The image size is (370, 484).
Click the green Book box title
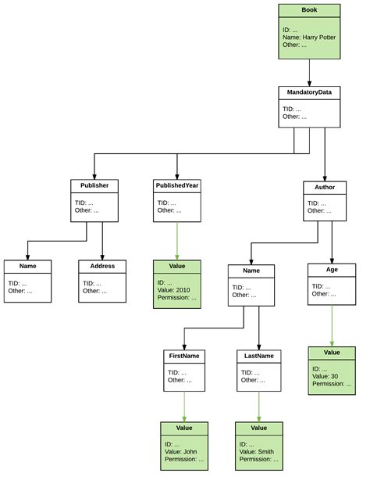tap(310, 10)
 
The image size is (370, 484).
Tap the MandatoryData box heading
tap(310, 92)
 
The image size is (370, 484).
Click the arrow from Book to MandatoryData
tap(310, 72)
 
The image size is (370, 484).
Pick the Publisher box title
tap(94, 185)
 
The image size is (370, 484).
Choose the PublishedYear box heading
tap(177, 185)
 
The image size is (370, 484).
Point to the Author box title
tap(324, 188)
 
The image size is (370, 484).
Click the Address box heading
tap(102, 266)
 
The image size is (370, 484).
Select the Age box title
tap(332, 270)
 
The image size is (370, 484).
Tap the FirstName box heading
tap(184, 355)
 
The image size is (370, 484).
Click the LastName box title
tap(258, 355)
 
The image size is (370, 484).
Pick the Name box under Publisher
tap(28, 281)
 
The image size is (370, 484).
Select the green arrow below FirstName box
tap(184, 407)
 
